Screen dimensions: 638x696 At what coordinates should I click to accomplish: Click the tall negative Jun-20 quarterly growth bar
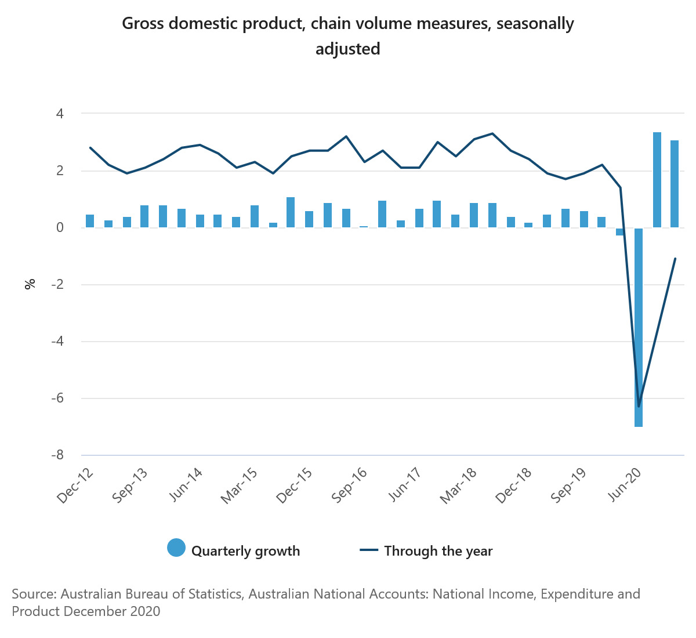(639, 327)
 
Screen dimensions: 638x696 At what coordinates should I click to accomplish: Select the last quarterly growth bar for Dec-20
(675, 184)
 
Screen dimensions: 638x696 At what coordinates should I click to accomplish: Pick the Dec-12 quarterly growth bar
(90, 221)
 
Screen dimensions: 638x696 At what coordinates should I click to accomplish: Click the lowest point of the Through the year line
(639, 406)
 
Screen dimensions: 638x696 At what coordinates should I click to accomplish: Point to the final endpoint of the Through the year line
(675, 259)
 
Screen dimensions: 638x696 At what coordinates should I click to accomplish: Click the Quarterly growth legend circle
(176, 548)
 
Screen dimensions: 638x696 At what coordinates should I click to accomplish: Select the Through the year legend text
(438, 551)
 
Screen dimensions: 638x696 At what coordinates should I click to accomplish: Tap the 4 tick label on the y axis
(59, 114)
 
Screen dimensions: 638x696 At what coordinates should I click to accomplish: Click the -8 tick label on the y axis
(57, 455)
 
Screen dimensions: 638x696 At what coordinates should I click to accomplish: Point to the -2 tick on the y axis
(57, 285)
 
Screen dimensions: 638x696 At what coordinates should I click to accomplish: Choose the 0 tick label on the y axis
(59, 228)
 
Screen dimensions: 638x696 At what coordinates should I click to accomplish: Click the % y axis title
(30, 284)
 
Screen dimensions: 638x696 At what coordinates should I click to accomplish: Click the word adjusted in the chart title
(347, 49)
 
